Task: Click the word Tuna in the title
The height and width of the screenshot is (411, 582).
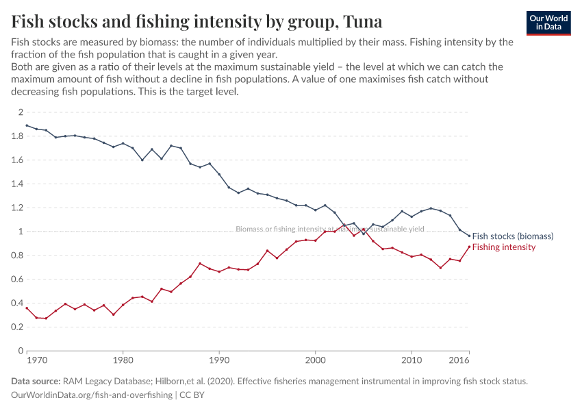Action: (359, 21)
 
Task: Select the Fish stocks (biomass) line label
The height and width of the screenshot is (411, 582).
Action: (512, 236)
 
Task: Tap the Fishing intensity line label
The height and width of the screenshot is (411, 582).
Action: (504, 247)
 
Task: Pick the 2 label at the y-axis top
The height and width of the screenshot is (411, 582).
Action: (21, 112)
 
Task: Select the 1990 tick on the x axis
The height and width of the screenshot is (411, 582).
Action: (219, 360)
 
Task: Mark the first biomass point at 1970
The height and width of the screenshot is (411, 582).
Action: (27, 125)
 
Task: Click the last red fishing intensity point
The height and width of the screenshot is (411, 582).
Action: (469, 247)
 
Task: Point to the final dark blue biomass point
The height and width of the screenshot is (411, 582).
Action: (469, 236)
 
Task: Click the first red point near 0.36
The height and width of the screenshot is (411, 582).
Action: (27, 308)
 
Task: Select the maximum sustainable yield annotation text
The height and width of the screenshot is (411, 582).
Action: (329, 229)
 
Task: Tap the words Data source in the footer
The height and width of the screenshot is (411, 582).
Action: (36, 382)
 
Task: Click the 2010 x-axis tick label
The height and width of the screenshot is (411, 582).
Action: (412, 360)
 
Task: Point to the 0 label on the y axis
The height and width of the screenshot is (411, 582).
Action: (21, 351)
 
